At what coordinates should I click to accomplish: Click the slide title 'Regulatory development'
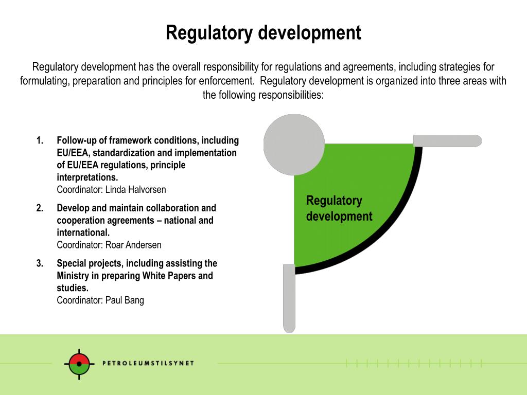[x=263, y=33]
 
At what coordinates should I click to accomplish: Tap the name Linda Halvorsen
[x=135, y=190]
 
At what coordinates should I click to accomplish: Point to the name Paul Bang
[x=125, y=300]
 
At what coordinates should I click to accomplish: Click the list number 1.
[x=39, y=140]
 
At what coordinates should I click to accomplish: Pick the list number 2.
[x=39, y=208]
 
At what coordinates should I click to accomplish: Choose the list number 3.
[x=39, y=263]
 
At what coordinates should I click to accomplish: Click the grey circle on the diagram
[x=294, y=145]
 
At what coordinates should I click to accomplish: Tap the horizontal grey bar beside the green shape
[x=447, y=140]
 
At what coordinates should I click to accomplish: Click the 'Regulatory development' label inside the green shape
[x=339, y=208]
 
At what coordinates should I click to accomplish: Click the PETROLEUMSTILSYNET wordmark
[x=148, y=363]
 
